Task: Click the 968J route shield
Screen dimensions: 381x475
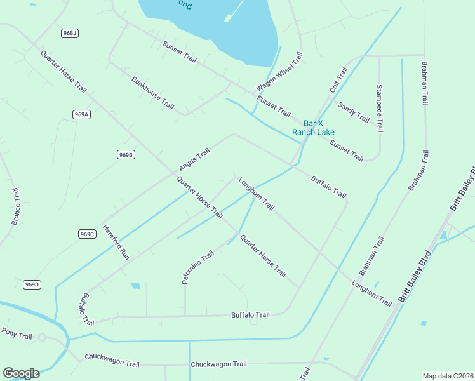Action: click(70, 33)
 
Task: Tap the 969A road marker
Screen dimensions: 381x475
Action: click(81, 114)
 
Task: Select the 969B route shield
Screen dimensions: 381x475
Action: click(126, 155)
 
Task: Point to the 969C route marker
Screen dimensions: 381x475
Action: click(87, 234)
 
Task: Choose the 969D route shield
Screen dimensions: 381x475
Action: click(32, 284)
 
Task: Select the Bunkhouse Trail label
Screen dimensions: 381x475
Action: click(152, 93)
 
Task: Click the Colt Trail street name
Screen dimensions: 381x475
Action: click(338, 81)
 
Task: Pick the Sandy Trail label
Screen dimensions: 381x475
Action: click(354, 112)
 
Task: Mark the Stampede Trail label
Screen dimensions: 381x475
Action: click(380, 108)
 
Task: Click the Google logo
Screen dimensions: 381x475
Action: click(21, 373)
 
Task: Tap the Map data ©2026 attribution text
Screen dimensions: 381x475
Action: click(447, 376)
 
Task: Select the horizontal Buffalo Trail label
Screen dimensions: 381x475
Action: click(250, 315)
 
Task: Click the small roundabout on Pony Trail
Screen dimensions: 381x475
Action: click(43, 338)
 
